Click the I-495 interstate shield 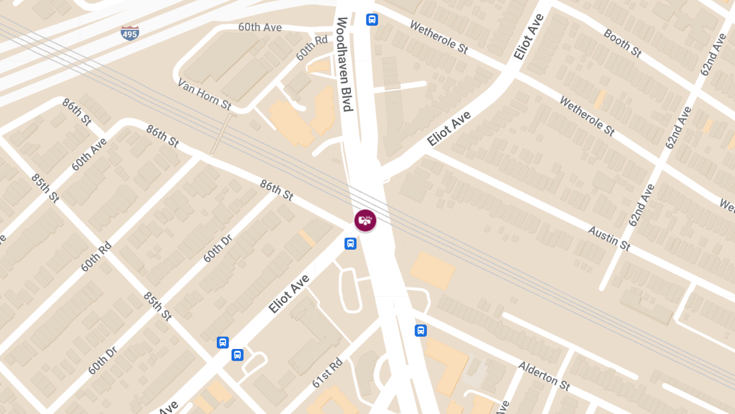129,33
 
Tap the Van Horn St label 204,94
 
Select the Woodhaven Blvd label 344,64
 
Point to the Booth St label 622,44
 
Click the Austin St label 609,238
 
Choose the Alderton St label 544,376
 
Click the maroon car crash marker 365,220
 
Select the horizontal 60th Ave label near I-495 260,28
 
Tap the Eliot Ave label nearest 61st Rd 288,294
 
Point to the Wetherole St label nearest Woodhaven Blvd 439,37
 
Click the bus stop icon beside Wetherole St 372,20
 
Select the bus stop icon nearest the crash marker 350,243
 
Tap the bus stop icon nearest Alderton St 421,331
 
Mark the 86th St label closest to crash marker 276,190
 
